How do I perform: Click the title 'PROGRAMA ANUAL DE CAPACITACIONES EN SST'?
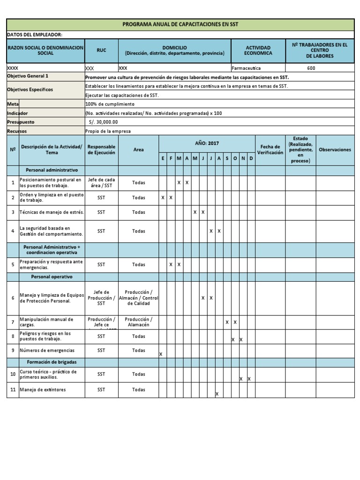click(180, 24)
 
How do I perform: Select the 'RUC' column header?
click(101, 51)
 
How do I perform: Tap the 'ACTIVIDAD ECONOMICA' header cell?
click(258, 51)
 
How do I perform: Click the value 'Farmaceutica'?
click(246, 68)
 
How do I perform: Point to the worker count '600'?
click(311, 68)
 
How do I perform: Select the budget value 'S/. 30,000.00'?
click(103, 122)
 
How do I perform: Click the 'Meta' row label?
click(12, 104)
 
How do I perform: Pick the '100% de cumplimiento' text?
click(110, 104)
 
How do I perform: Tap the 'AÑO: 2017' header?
click(207, 143)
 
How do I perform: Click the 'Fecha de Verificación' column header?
click(270, 150)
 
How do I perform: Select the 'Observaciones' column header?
click(335, 150)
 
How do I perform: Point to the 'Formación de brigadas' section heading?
click(52, 362)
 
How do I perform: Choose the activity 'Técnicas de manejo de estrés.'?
click(52, 212)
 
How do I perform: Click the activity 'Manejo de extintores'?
click(43, 390)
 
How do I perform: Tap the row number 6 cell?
click(13, 298)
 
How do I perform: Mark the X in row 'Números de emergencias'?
click(161, 354)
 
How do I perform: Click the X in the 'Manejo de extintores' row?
click(217, 394)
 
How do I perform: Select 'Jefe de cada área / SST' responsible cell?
click(101, 183)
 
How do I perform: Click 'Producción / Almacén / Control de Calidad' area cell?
click(139, 298)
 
